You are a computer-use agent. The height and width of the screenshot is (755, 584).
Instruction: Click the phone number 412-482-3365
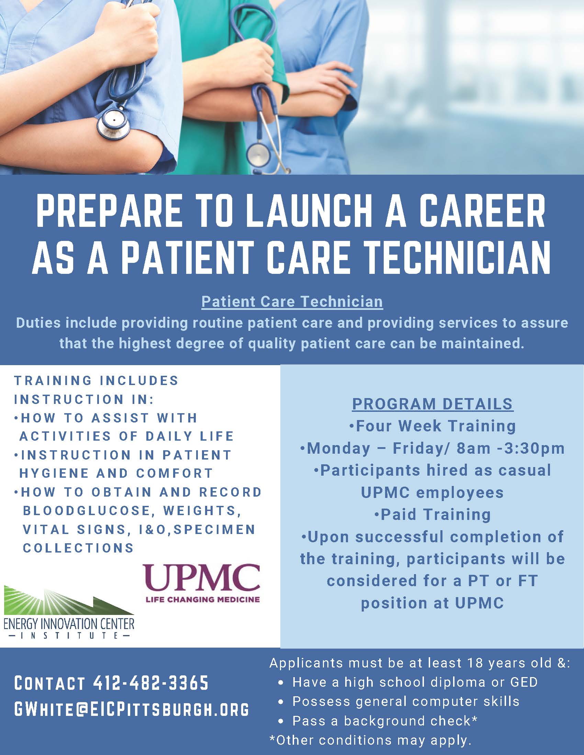(x=151, y=683)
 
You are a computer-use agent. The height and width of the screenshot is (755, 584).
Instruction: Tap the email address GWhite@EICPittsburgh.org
(x=132, y=709)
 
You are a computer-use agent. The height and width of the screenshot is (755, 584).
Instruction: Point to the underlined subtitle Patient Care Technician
(x=292, y=301)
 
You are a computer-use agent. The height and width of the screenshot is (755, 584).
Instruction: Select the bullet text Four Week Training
(x=433, y=426)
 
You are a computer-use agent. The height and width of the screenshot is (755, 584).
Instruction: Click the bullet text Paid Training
(x=433, y=514)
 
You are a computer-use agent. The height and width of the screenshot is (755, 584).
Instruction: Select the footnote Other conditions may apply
(x=371, y=740)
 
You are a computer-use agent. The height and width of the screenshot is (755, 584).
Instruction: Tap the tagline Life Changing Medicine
(x=203, y=599)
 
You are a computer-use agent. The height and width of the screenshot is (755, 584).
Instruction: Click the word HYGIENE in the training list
(x=54, y=473)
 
